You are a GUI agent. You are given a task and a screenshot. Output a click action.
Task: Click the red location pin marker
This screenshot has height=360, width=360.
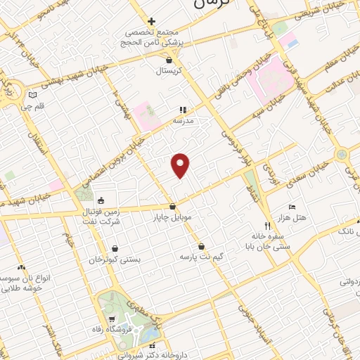point(181,165)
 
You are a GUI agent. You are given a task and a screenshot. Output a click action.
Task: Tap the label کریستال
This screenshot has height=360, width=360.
point(169,71)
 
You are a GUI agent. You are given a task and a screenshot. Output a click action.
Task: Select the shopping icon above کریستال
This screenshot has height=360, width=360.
point(163,60)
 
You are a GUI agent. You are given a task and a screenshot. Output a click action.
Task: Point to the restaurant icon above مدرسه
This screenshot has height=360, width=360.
point(183,110)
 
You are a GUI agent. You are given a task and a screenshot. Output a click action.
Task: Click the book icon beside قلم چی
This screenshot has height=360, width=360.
point(32,94)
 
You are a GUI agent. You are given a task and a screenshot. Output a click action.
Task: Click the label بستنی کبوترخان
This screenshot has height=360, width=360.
point(115,259)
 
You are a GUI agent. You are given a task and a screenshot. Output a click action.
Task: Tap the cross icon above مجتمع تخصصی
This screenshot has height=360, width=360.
point(150,21)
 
